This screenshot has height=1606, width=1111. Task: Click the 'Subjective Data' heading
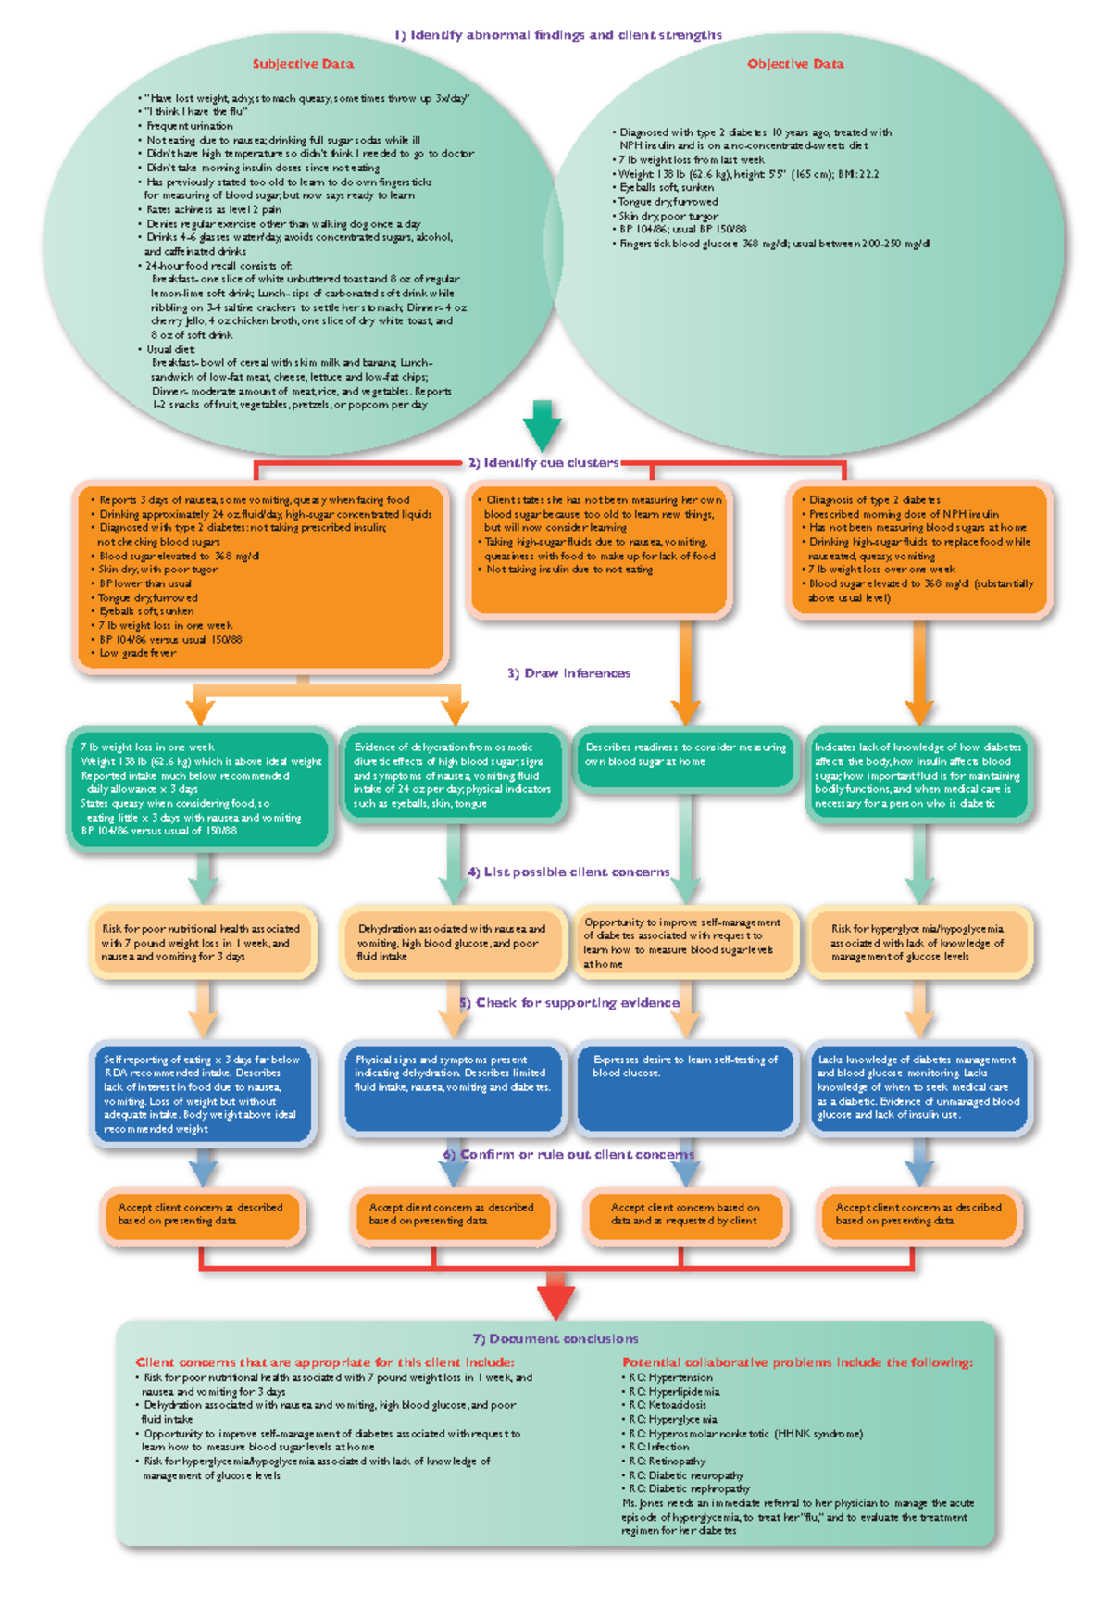click(x=303, y=64)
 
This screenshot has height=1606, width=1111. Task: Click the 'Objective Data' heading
click(x=795, y=64)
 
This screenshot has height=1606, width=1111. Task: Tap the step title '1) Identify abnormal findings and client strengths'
click(x=558, y=35)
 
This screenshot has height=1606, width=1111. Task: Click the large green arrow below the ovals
click(x=542, y=425)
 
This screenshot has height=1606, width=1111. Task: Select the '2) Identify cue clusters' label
click(x=543, y=462)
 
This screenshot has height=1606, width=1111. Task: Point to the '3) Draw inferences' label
click(x=568, y=673)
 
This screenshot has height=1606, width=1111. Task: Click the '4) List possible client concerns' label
click(x=568, y=872)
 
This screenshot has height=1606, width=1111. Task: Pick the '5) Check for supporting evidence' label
click(x=569, y=1002)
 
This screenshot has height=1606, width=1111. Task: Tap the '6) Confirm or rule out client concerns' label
click(x=568, y=1154)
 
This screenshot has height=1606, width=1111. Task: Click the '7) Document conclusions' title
click(x=555, y=1338)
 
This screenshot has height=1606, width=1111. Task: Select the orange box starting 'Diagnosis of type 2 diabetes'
click(x=918, y=548)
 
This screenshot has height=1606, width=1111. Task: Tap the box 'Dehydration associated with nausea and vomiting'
click(x=452, y=942)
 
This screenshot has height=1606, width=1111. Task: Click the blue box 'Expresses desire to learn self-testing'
click(x=685, y=1085)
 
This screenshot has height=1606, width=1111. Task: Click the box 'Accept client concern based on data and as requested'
click(x=685, y=1214)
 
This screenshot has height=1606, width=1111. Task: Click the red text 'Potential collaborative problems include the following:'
click(x=797, y=1362)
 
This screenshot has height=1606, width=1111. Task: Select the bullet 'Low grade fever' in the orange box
click(x=137, y=653)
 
